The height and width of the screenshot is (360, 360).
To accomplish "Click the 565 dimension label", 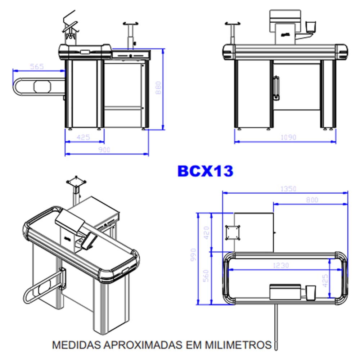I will pos(36,66).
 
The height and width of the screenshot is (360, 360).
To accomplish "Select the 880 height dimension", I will pos(158,88).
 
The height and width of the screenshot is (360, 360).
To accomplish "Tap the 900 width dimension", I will pos(105,150).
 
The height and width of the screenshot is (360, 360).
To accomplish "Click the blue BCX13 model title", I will pos(205,171).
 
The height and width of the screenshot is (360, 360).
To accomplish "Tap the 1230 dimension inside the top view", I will pos(281,265).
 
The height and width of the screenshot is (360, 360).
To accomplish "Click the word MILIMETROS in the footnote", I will pos(238,345).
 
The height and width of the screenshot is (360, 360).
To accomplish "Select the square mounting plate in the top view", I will pos(233,232).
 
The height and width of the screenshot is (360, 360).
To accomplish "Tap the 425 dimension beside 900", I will pos(83,137).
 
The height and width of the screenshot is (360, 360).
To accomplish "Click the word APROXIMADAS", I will pos(143,345).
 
